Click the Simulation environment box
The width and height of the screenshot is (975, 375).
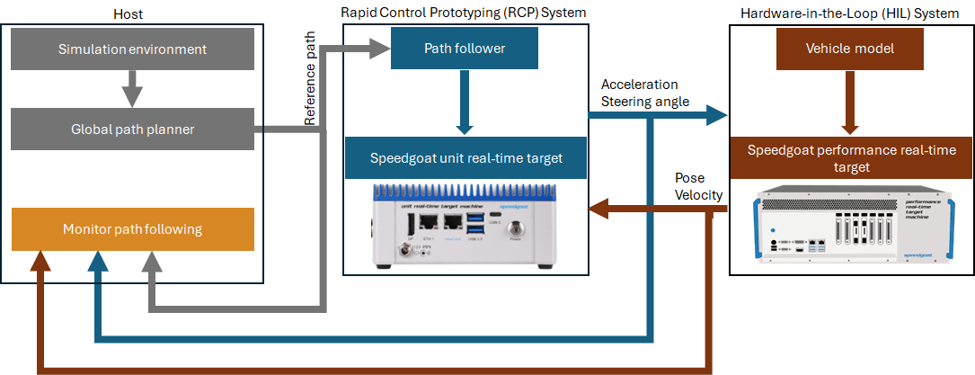132,49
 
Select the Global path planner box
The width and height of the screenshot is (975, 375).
132,129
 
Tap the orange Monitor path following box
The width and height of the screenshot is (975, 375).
132,229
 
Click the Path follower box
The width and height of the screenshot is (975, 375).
465,49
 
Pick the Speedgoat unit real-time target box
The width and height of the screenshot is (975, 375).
465,158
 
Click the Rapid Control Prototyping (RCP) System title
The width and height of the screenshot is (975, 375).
463,12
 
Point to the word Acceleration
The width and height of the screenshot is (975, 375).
640,85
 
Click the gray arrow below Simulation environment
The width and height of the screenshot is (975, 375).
132,89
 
